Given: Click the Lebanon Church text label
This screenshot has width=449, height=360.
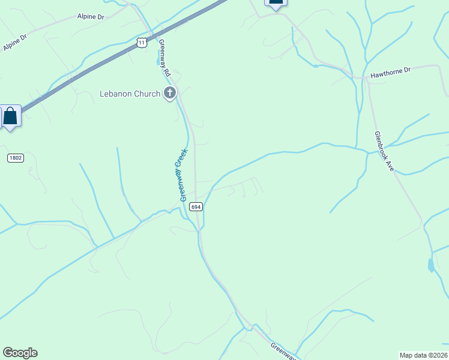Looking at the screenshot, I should tap(130, 94).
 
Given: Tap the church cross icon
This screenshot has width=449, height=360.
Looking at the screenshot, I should tap(170, 93).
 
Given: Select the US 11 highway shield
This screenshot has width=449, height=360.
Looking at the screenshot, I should tap(140, 42).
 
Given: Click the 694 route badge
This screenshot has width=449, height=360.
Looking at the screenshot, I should tap(196, 206).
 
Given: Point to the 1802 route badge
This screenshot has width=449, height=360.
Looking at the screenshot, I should tap(16, 158).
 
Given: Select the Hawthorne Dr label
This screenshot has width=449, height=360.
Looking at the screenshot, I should tap(390, 71).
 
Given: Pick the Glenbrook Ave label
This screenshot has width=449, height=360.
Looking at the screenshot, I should tap(384, 152).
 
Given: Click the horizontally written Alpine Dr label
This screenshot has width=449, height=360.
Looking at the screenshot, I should tap(91, 17).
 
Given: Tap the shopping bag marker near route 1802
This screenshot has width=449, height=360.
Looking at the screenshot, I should tap(11, 115).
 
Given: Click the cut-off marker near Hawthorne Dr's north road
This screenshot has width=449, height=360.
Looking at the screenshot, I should tap(276, 2).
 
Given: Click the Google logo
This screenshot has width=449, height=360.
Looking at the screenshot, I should tap(20, 353).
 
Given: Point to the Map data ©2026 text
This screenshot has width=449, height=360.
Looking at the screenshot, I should tap(424, 355).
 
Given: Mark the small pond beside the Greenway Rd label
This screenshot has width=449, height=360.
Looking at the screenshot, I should tap(158, 60).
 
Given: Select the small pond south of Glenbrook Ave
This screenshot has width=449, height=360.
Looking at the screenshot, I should tap(431, 265).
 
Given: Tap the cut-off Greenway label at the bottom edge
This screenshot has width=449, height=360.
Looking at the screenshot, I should tap(283, 350).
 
